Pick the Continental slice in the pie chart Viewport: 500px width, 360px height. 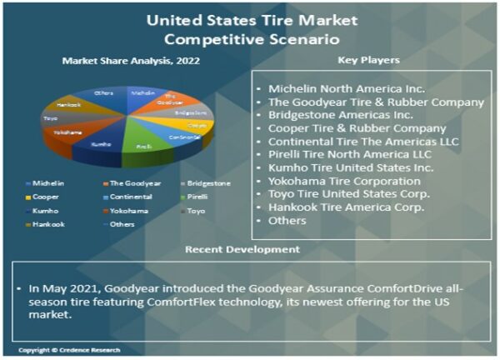tap(181, 136)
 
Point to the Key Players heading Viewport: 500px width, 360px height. tap(367, 60)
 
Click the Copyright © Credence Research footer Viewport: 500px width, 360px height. tap(69, 350)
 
